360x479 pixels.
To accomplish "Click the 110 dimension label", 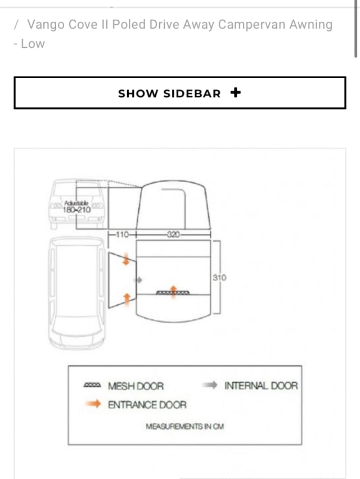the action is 122,234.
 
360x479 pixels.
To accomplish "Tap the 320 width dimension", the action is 173,234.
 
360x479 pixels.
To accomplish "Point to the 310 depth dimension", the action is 220,277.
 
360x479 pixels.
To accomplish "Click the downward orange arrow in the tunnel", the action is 127,259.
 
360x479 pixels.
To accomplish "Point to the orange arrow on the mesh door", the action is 174,290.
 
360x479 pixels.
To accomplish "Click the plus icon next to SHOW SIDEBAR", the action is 236,93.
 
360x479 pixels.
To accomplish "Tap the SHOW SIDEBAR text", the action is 169,94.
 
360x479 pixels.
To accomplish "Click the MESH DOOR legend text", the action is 136,386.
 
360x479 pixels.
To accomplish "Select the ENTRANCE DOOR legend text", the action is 147,404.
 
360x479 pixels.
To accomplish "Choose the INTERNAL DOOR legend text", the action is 261,386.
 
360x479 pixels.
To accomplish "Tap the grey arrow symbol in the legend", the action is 209,386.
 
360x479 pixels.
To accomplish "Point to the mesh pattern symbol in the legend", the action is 92,386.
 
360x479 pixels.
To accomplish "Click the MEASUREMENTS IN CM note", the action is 184,426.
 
